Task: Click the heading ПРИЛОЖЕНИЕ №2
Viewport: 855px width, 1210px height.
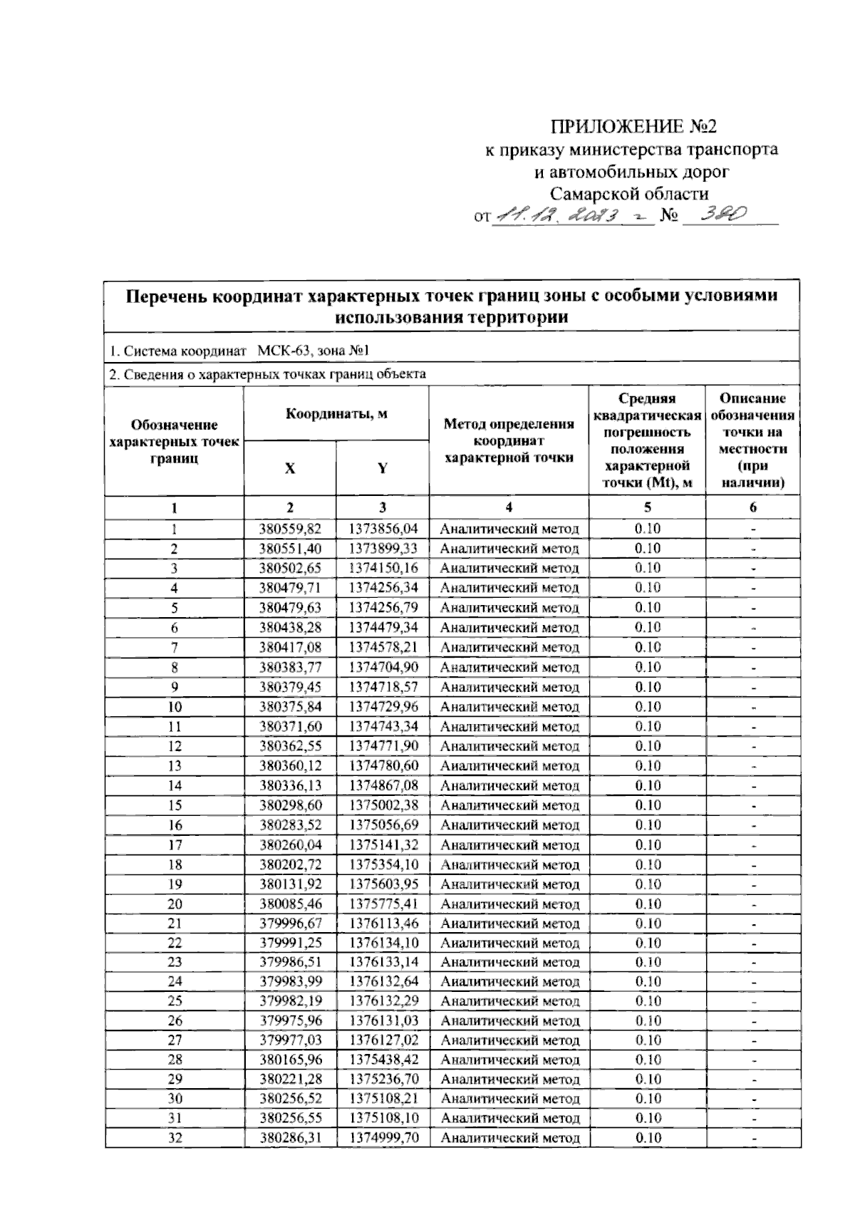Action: coord(633,127)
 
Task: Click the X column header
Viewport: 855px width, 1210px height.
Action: coord(290,468)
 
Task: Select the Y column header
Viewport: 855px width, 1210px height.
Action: coord(383,468)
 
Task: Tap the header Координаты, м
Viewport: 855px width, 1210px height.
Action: coord(336,414)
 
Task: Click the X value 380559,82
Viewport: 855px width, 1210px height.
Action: coord(290,529)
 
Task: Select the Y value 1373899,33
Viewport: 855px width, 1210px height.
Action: coord(383,549)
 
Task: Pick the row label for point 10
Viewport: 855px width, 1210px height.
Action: coord(175,707)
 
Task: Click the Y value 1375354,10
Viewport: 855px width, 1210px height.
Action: coord(383,864)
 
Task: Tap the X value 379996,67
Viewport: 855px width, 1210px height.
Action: coord(290,924)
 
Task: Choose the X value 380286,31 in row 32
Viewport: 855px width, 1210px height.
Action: coord(290,1138)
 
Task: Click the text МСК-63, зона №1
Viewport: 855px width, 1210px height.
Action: coord(313,351)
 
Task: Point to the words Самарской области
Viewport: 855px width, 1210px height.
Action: coord(629,193)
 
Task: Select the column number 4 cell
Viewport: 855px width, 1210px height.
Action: coord(509,507)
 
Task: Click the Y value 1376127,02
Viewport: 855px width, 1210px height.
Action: coord(383,1040)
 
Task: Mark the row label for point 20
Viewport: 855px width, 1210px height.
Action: coord(175,904)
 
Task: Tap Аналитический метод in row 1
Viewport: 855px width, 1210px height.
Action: coord(509,529)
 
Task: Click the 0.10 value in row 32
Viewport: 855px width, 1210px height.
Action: coord(648,1138)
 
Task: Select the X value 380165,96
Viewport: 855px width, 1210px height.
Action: coord(290,1060)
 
